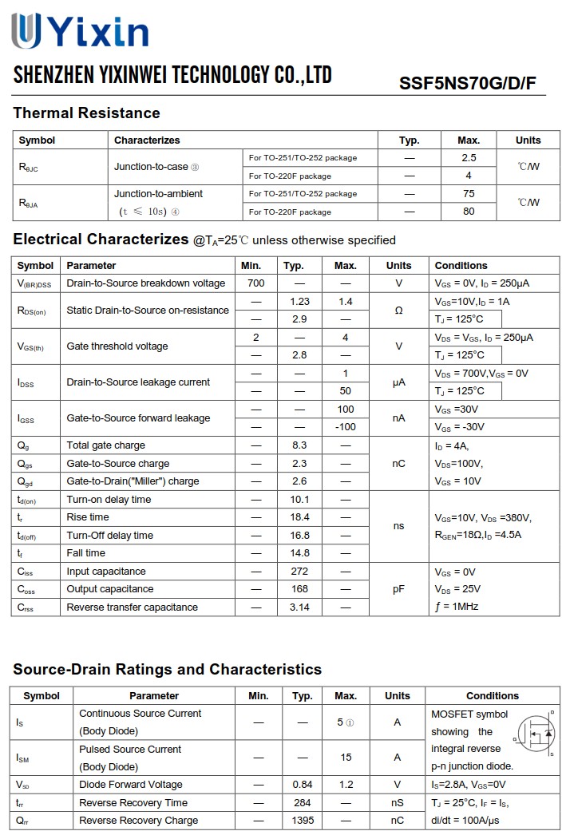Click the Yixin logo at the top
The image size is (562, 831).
pyautogui.click(x=80, y=32)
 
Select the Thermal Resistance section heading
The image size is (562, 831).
pyautogui.click(x=86, y=113)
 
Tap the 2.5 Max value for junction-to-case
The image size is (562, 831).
pyautogui.click(x=469, y=158)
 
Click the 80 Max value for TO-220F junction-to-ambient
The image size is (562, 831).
pyautogui.click(x=469, y=212)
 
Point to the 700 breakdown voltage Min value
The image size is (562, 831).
pyautogui.click(x=256, y=283)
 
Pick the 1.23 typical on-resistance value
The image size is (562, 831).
pyautogui.click(x=299, y=301)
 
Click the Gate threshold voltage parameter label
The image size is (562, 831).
pyautogui.click(x=117, y=346)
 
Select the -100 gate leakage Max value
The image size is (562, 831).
pyautogui.click(x=346, y=427)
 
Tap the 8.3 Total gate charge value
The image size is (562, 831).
pyautogui.click(x=299, y=445)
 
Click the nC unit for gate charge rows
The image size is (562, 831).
pyautogui.click(x=398, y=463)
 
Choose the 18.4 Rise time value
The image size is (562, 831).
pyautogui.click(x=299, y=517)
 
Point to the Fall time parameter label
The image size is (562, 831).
pyautogui.click(x=86, y=553)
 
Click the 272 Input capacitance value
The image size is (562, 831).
pyautogui.click(x=299, y=572)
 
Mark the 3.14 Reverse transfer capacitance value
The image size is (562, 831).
pyautogui.click(x=299, y=607)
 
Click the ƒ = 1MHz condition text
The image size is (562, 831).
pyautogui.click(x=457, y=607)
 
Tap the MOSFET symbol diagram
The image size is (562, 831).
pyautogui.click(x=534, y=732)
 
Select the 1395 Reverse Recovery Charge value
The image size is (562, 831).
pyautogui.click(x=302, y=821)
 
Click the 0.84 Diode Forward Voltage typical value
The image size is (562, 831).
pyautogui.click(x=302, y=785)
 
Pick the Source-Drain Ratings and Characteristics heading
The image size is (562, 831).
pyautogui.click(x=167, y=669)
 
